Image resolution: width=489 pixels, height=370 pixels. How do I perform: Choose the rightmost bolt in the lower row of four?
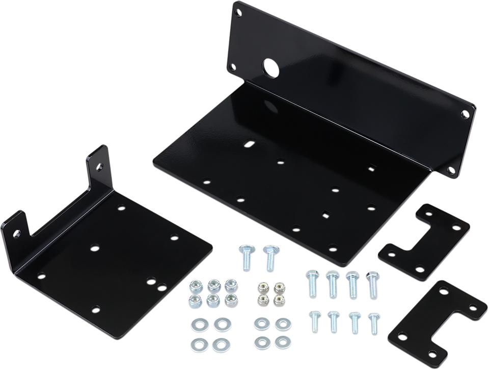pyautogui.click(x=373, y=319)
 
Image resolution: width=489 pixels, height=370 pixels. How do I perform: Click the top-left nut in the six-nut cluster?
pyautogui.click(x=196, y=284)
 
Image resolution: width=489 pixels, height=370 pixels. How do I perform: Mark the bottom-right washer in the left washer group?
pyautogui.click(x=220, y=341)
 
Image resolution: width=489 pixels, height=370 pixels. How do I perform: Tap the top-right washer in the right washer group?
pyautogui.click(x=281, y=323)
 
